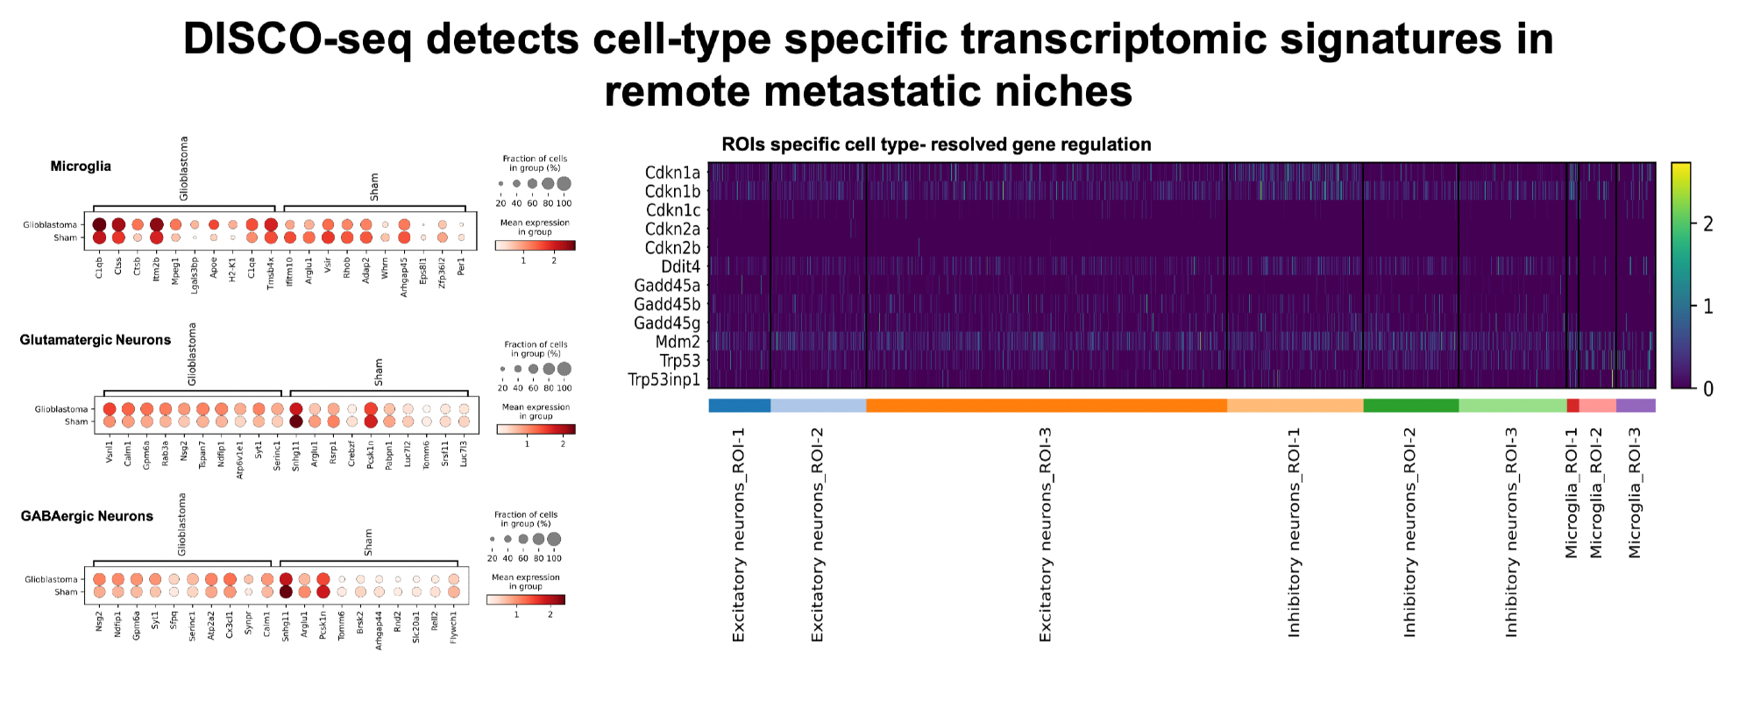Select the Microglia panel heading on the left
[81, 166]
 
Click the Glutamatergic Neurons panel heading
[96, 340]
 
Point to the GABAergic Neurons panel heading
[87, 516]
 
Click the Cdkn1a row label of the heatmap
[672, 173]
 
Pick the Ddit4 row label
[680, 266]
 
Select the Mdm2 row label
[678, 342]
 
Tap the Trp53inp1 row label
[664, 379]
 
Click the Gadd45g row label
[666, 323]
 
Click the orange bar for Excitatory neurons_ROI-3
[1046, 405]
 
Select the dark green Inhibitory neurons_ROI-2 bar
[1410, 405]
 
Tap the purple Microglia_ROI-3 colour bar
[1635, 405]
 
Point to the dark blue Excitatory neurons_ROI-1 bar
[739, 405]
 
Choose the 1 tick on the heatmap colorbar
[1707, 307]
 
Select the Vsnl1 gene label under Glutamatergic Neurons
[110, 450]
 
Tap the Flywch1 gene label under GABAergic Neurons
[453, 627]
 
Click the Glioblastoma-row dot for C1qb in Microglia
[99, 225]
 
